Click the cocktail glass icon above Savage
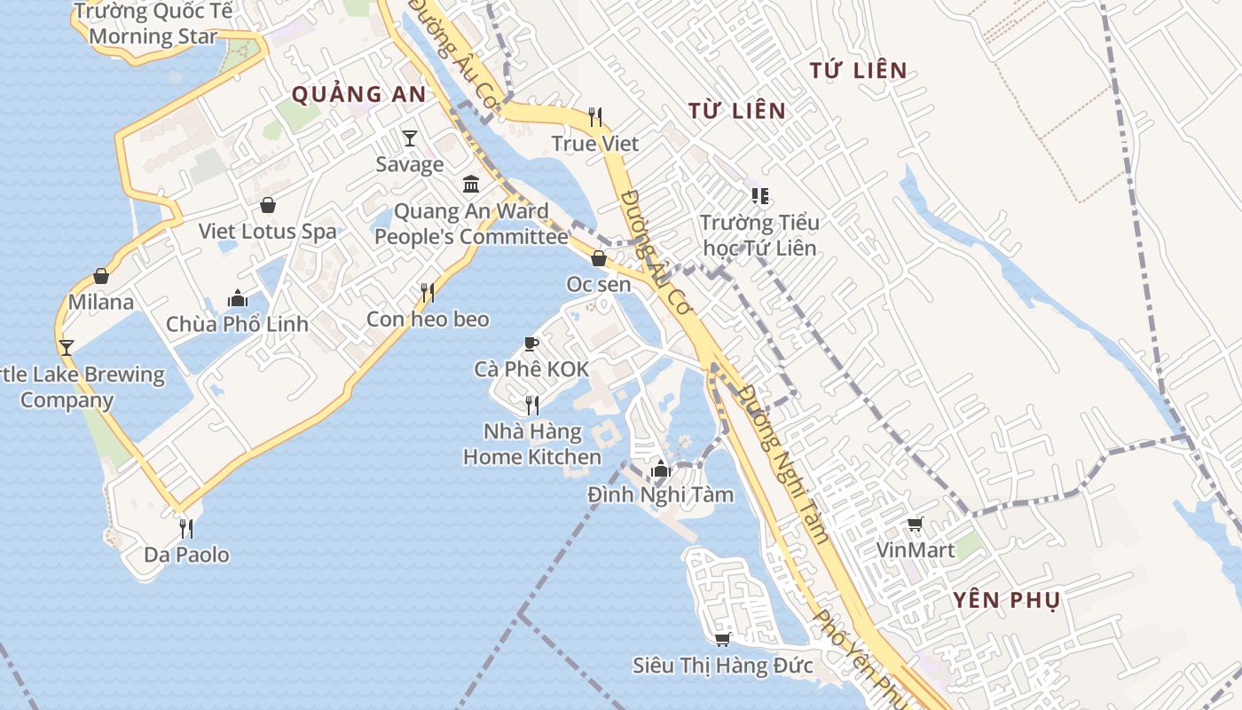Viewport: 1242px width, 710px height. (x=410, y=138)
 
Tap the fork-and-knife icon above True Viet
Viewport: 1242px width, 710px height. (x=595, y=116)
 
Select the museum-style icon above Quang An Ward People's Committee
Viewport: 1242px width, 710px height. (x=471, y=184)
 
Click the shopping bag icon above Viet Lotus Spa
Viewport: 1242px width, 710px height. (x=267, y=205)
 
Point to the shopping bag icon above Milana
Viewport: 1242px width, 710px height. (x=101, y=276)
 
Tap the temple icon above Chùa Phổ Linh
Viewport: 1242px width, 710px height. (x=237, y=297)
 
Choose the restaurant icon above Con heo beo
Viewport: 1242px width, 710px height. (x=428, y=292)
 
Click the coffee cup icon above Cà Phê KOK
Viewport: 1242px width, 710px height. (x=531, y=343)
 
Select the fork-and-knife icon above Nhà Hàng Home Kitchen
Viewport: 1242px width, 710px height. (x=532, y=406)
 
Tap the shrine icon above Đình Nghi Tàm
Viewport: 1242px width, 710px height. (x=660, y=469)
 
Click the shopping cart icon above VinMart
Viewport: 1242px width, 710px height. (x=916, y=524)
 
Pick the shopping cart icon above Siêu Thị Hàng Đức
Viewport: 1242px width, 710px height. (x=722, y=639)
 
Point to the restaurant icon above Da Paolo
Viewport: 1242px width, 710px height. (x=186, y=529)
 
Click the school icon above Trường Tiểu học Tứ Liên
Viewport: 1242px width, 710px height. (x=759, y=195)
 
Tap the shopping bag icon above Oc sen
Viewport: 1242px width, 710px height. (x=599, y=258)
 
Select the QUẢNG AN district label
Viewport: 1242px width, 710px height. (x=358, y=94)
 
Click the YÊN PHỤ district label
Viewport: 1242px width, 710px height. (x=1007, y=599)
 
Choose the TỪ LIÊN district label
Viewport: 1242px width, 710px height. (x=737, y=110)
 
